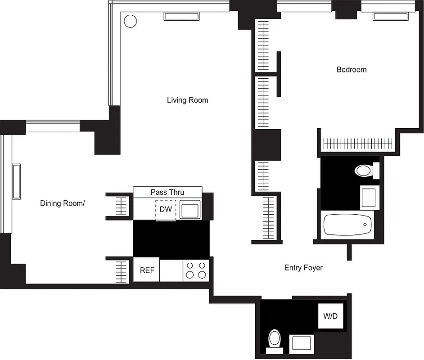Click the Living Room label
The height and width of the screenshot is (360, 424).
(187, 100)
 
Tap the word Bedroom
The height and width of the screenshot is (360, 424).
(352, 70)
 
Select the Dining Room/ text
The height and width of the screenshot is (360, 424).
(62, 203)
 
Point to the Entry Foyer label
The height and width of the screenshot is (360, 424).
(303, 268)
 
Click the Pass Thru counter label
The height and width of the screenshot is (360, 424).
(167, 192)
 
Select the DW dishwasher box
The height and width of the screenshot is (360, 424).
(166, 210)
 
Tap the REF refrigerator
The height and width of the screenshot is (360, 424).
(146, 270)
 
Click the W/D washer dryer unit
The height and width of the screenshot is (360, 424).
(330, 316)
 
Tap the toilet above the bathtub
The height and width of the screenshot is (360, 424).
(364, 171)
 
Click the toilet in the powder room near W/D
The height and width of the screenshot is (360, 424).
(274, 338)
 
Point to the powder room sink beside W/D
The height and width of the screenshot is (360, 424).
(301, 343)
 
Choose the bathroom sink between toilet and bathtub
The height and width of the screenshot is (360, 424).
(368, 197)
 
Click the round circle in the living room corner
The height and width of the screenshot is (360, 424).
(130, 21)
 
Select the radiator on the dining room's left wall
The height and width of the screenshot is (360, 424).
(17, 181)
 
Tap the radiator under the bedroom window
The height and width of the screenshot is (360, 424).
(390, 17)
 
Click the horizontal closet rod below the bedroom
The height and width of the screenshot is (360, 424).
(358, 144)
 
